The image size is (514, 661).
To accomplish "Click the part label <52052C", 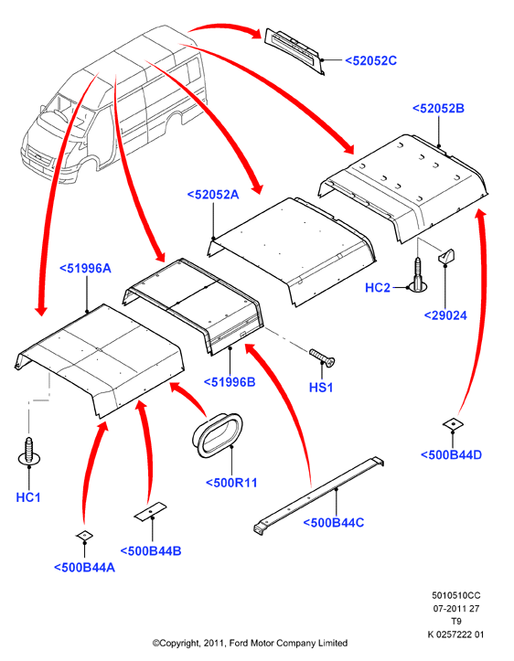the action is pos(370,60).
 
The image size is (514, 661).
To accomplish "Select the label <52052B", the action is pos(438,109).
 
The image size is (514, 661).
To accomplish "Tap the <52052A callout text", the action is pos(213,195).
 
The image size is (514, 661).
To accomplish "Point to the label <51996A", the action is pos(85,268).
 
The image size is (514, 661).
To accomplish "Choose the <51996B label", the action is pos(230,382).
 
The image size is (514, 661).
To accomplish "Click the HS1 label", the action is pos(321,388).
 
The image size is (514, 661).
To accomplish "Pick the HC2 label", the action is pos(378,288).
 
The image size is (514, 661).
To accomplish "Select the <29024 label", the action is pos(445,315).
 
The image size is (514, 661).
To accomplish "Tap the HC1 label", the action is pos(28,497).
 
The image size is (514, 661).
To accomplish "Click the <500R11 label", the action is pos(231,483).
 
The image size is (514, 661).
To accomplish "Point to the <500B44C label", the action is pos(334,523).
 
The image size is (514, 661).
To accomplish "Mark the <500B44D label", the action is pos(451,455).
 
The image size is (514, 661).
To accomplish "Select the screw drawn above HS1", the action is pos(322,357).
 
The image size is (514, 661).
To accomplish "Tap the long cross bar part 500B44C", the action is pos(319,496).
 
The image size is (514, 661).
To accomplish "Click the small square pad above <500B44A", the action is pos(84,536).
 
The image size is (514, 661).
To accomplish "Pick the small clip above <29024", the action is pos(446,256).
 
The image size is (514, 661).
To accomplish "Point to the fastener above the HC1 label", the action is pos(29,452).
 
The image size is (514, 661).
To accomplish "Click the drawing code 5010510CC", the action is pos(455,596).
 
